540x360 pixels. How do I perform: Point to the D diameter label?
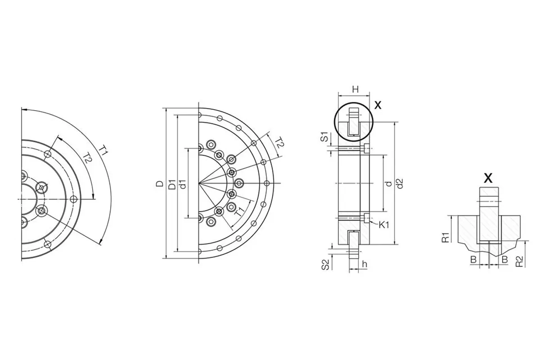coord(159,184)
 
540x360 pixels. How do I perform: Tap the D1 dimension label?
coord(171,184)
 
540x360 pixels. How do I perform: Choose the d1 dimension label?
coord(183,184)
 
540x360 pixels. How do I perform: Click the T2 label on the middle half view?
coord(279,143)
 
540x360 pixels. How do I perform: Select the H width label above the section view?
coord(355,90)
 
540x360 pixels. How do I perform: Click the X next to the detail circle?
coord(378,105)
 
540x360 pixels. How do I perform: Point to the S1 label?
coord(325,137)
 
